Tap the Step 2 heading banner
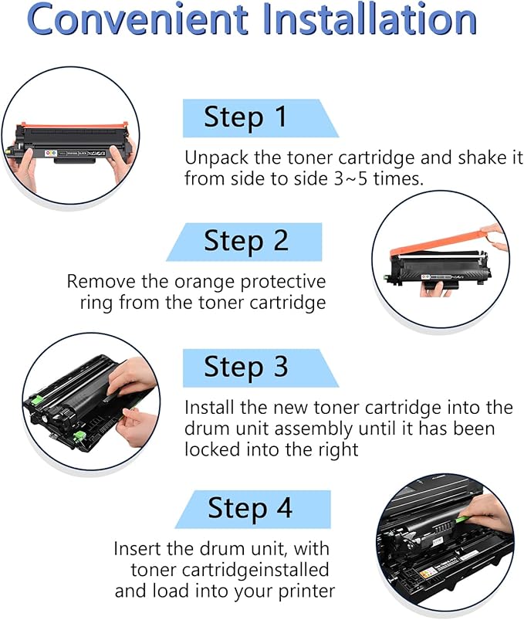click(246, 241)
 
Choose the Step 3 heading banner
click(246, 367)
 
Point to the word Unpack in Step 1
click(213, 158)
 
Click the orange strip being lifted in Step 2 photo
click(440, 246)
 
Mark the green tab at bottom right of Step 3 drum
click(79, 439)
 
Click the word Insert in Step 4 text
click(137, 549)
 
